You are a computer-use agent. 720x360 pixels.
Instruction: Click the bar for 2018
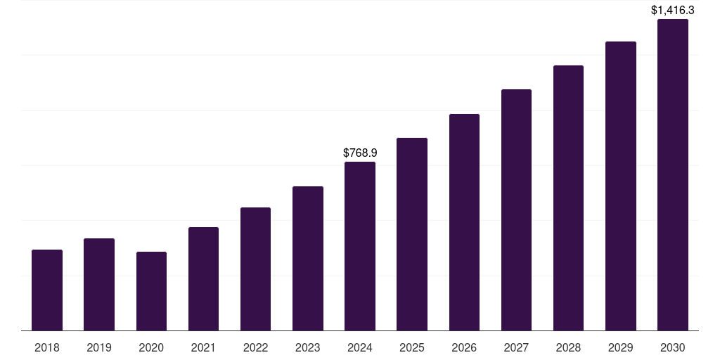click(x=47, y=290)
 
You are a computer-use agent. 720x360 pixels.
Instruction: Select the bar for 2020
click(x=151, y=291)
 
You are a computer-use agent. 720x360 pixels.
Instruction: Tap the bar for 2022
click(x=255, y=269)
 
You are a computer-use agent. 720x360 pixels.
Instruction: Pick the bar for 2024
click(x=360, y=246)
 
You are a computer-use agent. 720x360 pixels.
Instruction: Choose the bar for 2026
click(x=464, y=222)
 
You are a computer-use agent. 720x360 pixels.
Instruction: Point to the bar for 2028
click(x=568, y=198)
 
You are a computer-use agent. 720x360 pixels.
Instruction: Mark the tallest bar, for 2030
click(x=673, y=174)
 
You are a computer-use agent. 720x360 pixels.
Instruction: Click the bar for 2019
click(x=99, y=284)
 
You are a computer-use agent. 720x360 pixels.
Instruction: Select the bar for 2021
click(x=203, y=278)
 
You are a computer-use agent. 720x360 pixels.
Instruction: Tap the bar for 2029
click(x=621, y=186)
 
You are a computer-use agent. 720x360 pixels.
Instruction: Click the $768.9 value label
click(x=360, y=153)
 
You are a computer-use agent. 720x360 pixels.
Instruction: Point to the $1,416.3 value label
click(x=673, y=10)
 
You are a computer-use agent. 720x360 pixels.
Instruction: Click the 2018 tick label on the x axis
click(x=47, y=347)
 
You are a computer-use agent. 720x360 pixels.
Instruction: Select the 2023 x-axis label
click(x=308, y=347)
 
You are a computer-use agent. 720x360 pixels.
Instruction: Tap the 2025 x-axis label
click(x=412, y=347)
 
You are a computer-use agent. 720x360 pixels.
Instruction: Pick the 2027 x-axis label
click(x=516, y=347)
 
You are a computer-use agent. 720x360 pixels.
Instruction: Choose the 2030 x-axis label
click(x=673, y=347)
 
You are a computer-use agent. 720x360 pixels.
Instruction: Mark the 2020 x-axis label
click(x=151, y=347)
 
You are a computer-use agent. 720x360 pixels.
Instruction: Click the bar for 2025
click(x=412, y=234)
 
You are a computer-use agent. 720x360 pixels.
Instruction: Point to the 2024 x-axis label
click(x=360, y=347)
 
